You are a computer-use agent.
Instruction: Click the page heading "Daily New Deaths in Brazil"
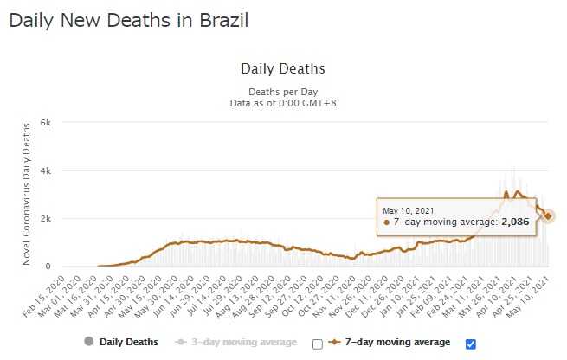(x=128, y=20)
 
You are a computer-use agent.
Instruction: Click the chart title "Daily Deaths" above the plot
(x=283, y=68)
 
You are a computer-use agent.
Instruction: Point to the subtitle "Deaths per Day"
(x=283, y=90)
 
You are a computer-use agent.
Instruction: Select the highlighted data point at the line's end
(x=548, y=216)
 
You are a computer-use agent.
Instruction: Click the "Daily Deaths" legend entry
(x=129, y=343)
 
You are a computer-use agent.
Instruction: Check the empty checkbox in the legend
(x=318, y=344)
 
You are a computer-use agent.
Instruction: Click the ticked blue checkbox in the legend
(x=471, y=344)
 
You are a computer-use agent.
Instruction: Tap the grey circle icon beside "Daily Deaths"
(x=87, y=343)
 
